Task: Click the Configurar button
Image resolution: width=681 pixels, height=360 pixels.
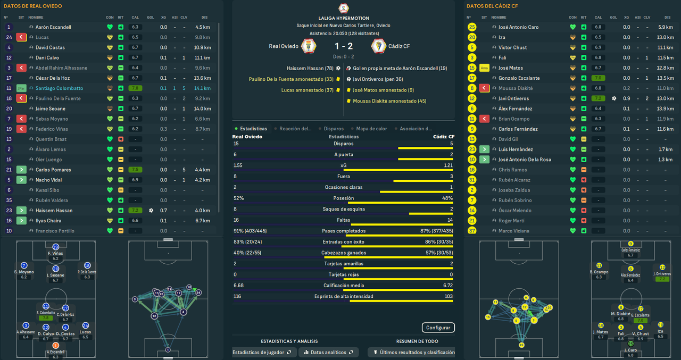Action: [x=438, y=328]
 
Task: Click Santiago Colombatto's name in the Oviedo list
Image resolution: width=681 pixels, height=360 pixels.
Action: [x=59, y=88]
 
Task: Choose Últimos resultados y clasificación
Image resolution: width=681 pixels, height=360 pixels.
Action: [x=414, y=352]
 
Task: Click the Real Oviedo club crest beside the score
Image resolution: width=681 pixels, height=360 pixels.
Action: [x=309, y=46]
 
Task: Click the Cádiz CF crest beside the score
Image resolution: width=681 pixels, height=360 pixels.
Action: [x=378, y=46]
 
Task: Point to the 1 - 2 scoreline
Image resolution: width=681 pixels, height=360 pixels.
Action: [x=344, y=46]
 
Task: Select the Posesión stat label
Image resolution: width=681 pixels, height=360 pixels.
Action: [x=344, y=198]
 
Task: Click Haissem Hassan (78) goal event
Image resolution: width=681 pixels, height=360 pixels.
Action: [x=310, y=68]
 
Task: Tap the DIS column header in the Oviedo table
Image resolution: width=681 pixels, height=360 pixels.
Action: [x=205, y=18]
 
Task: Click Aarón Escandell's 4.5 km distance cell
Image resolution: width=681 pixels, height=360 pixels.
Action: [x=203, y=27]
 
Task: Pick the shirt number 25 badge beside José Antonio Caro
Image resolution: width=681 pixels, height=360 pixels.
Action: [x=472, y=27]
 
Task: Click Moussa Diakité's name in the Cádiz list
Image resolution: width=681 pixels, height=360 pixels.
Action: [x=515, y=88]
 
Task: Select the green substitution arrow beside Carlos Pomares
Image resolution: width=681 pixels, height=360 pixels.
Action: [x=21, y=170]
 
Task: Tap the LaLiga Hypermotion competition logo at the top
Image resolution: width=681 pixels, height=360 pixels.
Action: [x=344, y=8]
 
